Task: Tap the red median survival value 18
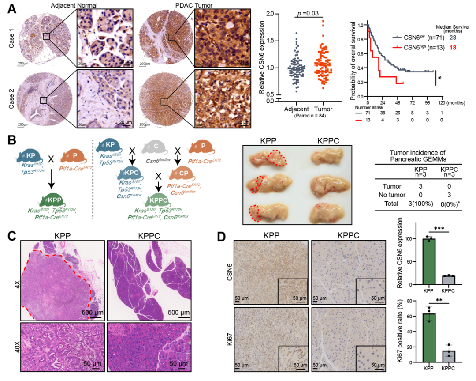453,47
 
